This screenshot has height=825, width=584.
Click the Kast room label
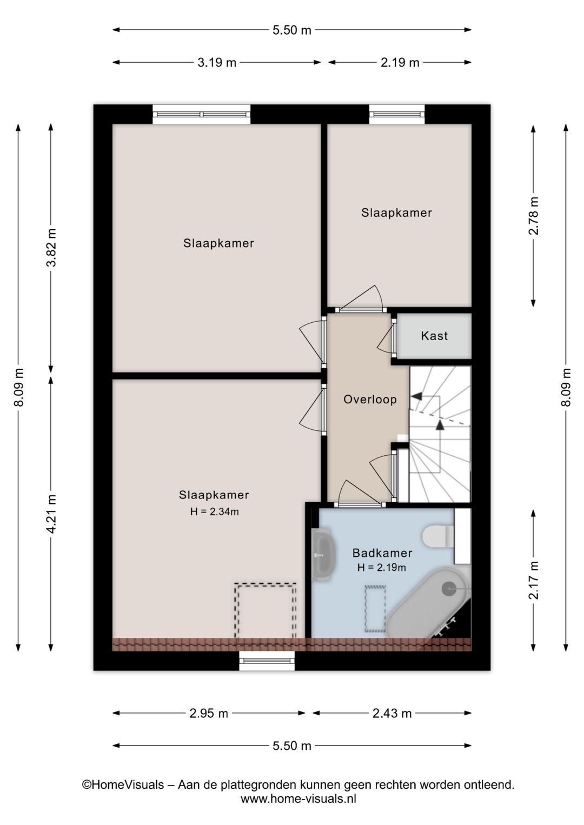click(x=434, y=336)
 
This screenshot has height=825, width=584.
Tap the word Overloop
click(x=370, y=400)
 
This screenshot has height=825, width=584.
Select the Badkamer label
click(x=382, y=553)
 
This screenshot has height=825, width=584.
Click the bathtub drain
click(x=449, y=588)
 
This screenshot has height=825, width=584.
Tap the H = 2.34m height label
click(x=215, y=511)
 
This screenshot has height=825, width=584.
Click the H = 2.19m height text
click(x=382, y=568)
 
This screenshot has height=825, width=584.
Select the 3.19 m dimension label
click(x=217, y=63)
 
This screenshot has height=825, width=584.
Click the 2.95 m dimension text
click(x=209, y=714)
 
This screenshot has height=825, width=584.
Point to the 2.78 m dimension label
click(x=533, y=216)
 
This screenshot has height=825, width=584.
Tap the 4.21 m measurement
click(x=51, y=514)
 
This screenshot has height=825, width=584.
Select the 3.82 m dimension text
click(x=51, y=248)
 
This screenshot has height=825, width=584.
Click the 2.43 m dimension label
click(x=391, y=714)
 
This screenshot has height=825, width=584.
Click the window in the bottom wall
click(x=267, y=661)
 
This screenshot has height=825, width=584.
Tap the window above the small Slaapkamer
click(x=397, y=114)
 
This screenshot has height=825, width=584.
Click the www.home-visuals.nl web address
click(x=298, y=799)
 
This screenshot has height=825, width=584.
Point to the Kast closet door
click(x=394, y=337)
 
